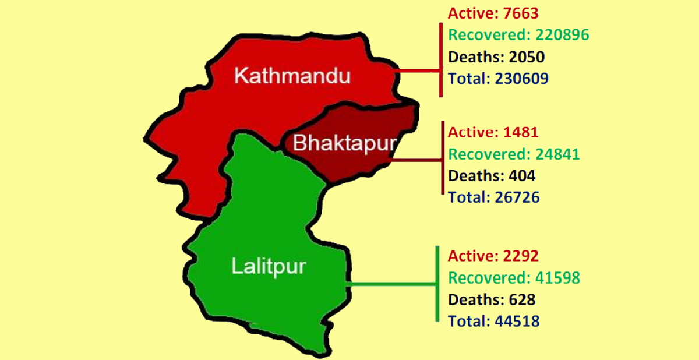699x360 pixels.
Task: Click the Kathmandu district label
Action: (292, 76)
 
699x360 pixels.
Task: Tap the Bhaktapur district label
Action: (344, 143)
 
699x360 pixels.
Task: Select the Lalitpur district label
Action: (269, 267)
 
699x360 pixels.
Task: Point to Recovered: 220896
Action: (518, 35)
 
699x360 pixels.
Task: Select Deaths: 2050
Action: (496, 57)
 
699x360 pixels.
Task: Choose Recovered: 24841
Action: (514, 154)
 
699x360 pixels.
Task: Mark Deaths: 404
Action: (491, 176)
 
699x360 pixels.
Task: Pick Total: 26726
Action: (493, 197)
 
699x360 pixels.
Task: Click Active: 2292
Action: (493, 256)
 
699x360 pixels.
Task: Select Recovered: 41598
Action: (514, 278)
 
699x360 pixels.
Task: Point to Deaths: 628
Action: (491, 299)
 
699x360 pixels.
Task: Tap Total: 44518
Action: (493, 321)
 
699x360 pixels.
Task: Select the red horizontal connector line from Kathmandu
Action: (416, 71)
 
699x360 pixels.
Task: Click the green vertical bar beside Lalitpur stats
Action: (437, 284)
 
